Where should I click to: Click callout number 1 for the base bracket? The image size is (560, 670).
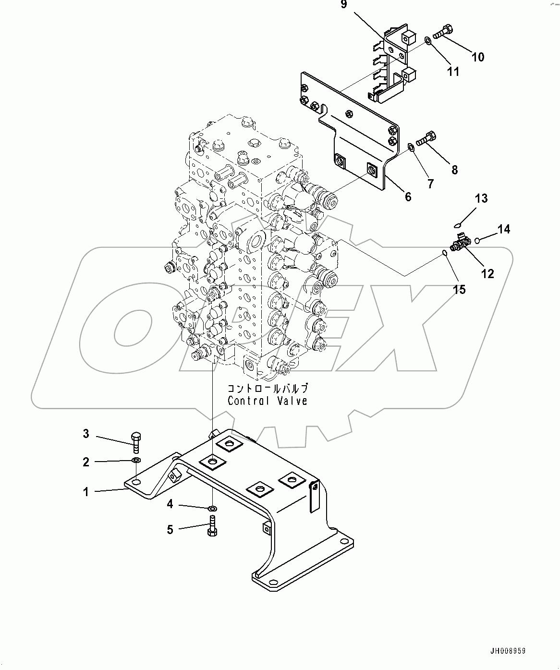click(x=86, y=492)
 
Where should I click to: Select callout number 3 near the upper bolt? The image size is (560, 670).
click(x=86, y=434)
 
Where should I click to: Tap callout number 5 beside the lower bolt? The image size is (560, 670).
click(x=170, y=530)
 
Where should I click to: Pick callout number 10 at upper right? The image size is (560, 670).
click(x=477, y=57)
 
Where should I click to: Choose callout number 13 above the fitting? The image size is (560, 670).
click(x=481, y=198)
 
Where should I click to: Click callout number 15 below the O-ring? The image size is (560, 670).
click(x=459, y=289)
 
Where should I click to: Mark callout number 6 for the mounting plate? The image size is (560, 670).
click(x=408, y=196)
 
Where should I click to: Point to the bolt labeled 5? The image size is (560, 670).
click(x=212, y=525)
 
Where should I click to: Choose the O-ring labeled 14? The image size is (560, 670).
click(x=477, y=240)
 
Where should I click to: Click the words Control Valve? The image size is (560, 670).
click(x=267, y=401)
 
